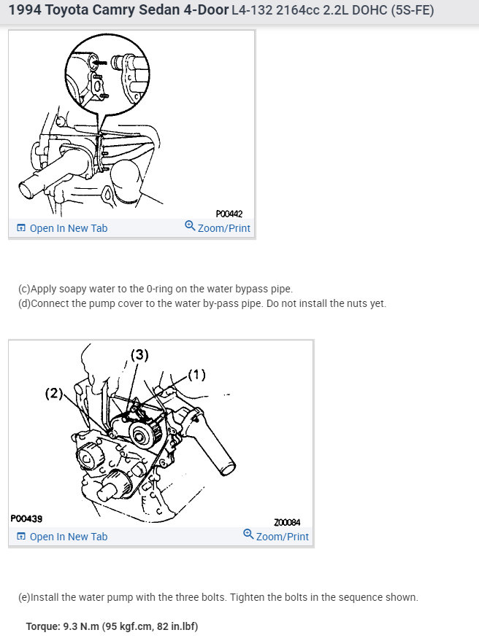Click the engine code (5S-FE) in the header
(x=412, y=9)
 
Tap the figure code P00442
(x=229, y=214)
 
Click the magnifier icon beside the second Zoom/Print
(x=248, y=534)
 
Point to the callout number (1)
(x=196, y=374)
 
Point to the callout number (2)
(x=54, y=393)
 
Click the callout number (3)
(x=139, y=355)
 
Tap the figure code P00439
(x=26, y=518)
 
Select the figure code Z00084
(x=287, y=522)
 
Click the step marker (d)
(x=24, y=303)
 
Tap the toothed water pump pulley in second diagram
(x=145, y=434)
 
